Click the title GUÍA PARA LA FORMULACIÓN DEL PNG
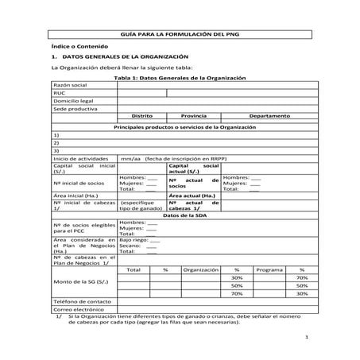click(x=180, y=37)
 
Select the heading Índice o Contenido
click(x=76, y=48)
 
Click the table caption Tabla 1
click(x=180, y=79)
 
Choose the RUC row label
click(x=59, y=93)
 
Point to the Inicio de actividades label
click(x=80, y=158)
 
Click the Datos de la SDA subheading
click(x=180, y=215)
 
